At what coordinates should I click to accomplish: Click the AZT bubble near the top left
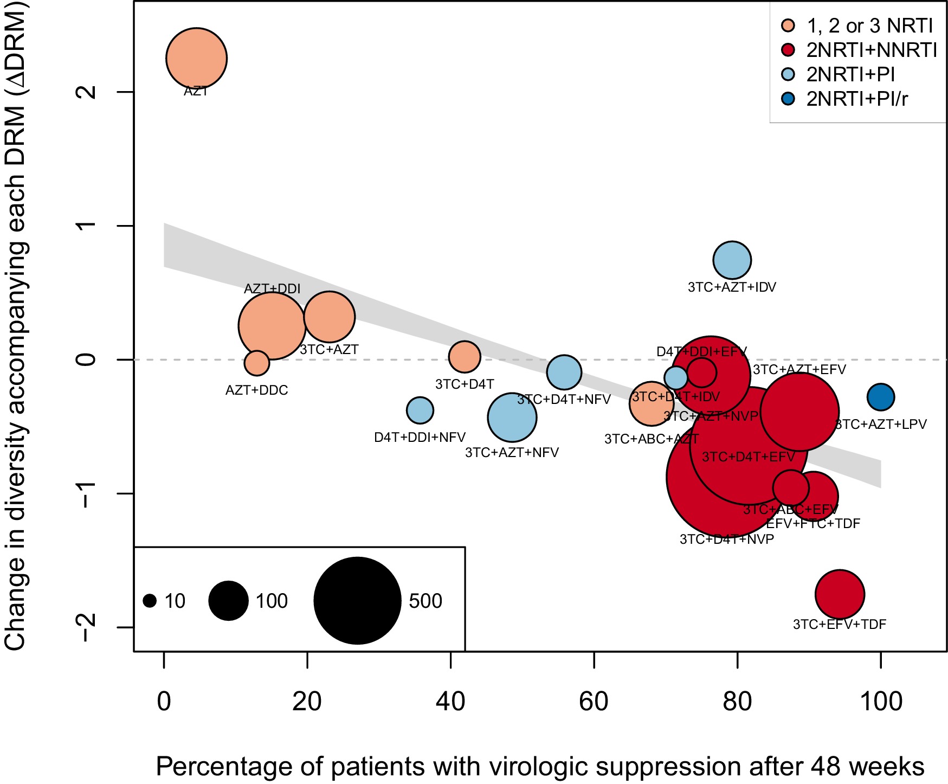[196, 58]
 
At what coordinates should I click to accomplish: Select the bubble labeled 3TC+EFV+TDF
[839, 594]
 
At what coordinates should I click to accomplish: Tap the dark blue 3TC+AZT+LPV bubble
[880, 397]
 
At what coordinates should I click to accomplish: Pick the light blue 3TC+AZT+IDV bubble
[732, 260]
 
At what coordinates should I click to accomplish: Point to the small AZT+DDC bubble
[256, 363]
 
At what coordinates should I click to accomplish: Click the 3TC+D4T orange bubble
[465, 357]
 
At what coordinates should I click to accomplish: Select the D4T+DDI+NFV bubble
[420, 410]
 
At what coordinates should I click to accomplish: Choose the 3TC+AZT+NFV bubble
[512, 417]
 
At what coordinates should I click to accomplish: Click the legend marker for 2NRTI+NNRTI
[788, 50]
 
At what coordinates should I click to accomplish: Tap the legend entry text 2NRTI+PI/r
[857, 99]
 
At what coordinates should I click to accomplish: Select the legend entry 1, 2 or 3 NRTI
[869, 25]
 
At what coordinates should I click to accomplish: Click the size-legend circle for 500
[357, 600]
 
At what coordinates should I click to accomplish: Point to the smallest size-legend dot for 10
[150, 601]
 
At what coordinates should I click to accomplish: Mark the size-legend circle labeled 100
[228, 601]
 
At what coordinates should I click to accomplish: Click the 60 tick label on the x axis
[594, 702]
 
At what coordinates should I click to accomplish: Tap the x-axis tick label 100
[880, 702]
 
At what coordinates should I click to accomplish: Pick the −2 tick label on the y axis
[87, 627]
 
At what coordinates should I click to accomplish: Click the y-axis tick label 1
[87, 226]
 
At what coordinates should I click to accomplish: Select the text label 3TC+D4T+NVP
[726, 539]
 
